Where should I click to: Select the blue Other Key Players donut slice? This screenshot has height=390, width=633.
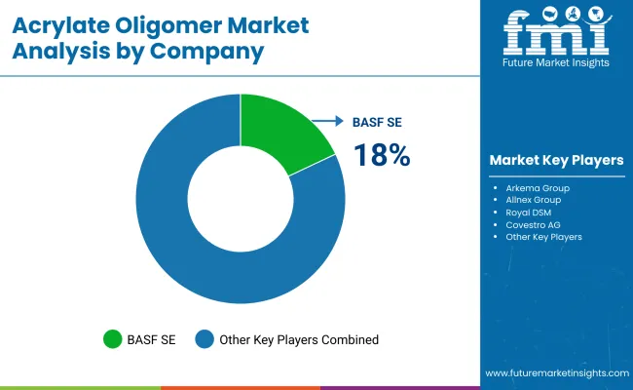click(x=195, y=253)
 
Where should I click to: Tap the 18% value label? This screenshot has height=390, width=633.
click(x=381, y=154)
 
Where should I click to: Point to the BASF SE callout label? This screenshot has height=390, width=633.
click(x=376, y=122)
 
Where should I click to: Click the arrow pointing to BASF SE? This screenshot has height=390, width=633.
click(x=328, y=122)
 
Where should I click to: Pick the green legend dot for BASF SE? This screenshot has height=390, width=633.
click(x=113, y=339)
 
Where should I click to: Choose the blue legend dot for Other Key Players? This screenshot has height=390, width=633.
click(x=205, y=339)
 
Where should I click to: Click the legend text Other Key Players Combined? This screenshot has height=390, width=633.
click(x=298, y=339)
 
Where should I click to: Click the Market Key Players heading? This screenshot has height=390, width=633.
click(x=556, y=160)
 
